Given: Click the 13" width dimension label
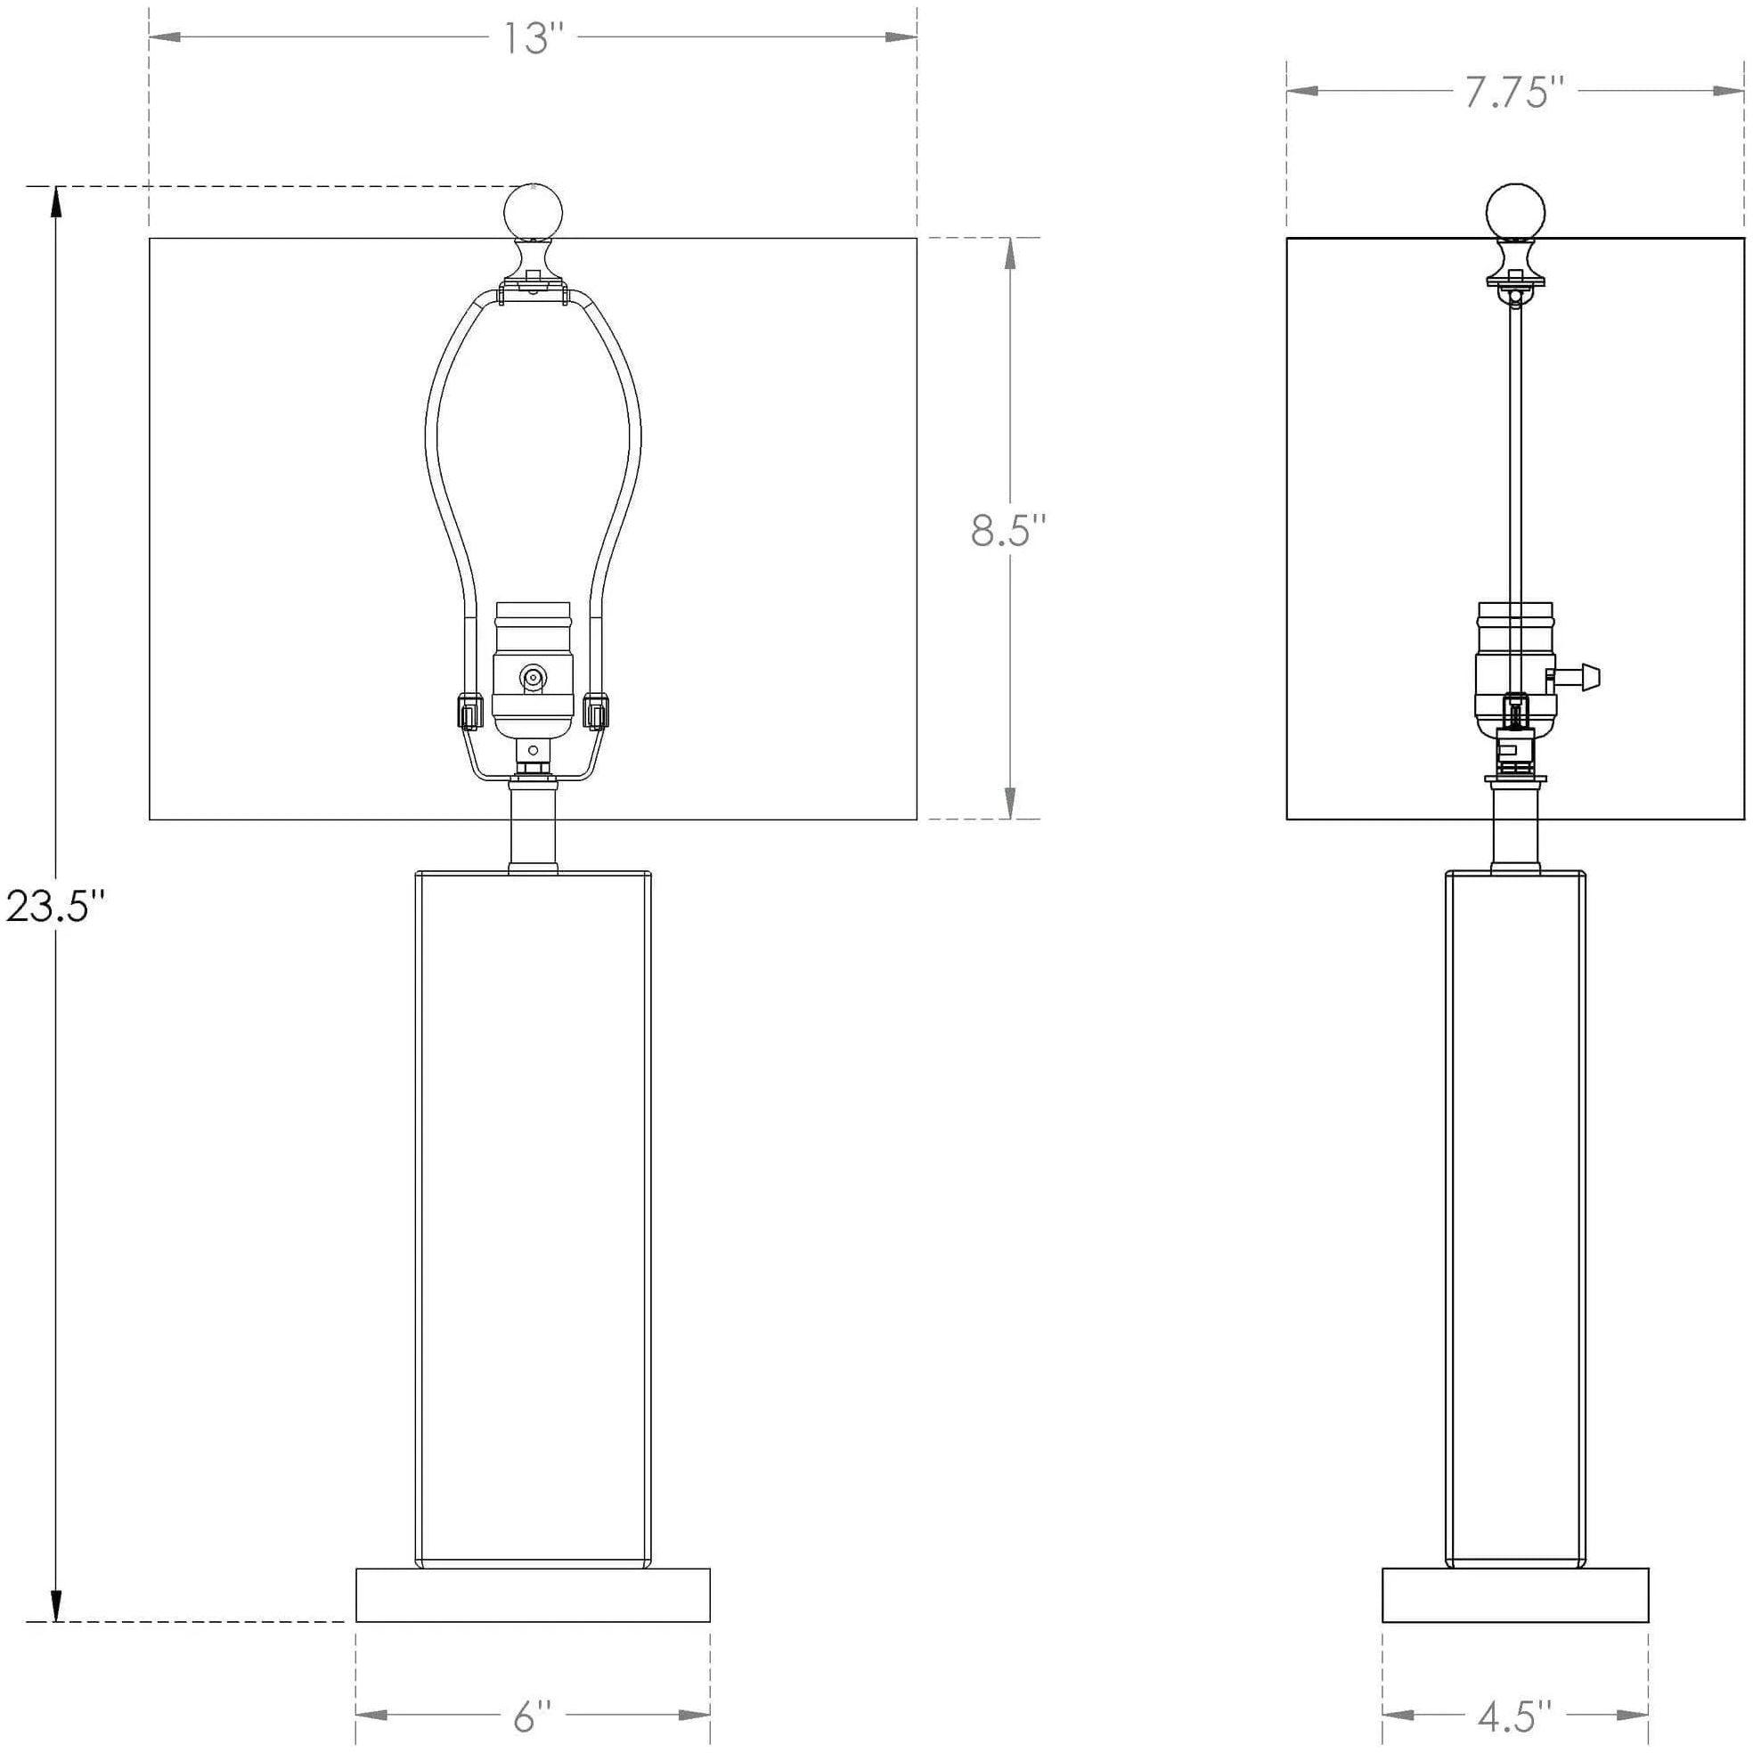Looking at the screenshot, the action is pyautogui.click(x=533, y=38).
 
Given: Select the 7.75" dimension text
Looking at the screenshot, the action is pyautogui.click(x=1514, y=92).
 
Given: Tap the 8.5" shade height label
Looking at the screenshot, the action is pyautogui.click(x=1008, y=530).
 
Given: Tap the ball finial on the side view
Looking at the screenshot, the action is pyautogui.click(x=1514, y=210).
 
